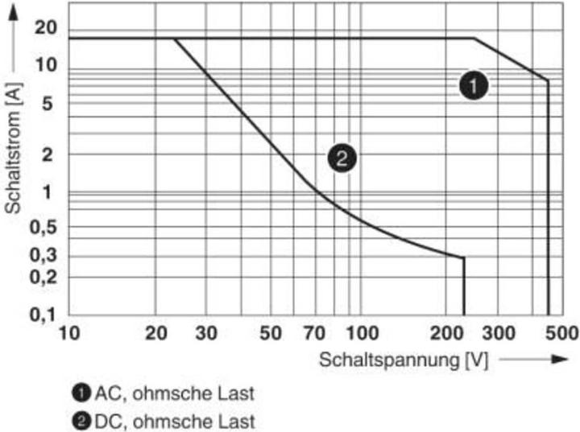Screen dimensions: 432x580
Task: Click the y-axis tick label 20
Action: tap(47, 27)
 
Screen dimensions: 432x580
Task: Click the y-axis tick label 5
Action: tap(47, 103)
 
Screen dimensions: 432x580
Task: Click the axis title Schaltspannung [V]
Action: tap(404, 360)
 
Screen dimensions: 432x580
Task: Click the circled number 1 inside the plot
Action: tap(474, 86)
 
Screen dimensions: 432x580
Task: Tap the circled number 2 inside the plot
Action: tap(342, 158)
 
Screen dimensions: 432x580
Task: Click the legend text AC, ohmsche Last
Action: tap(175, 393)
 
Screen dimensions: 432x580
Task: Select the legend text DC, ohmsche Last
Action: tap(175, 420)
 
